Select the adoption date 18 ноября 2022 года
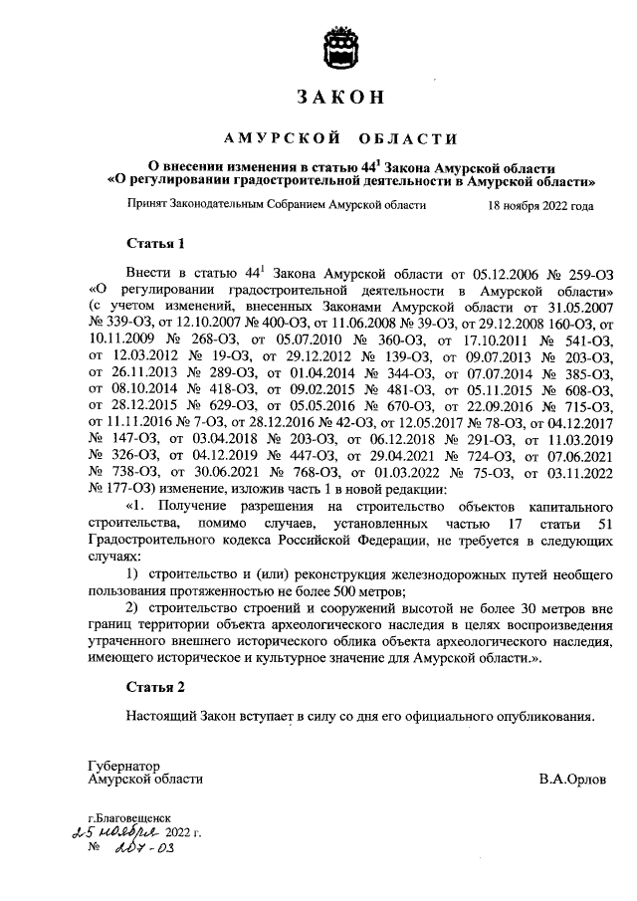pos(540,206)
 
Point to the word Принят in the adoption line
pos(148,206)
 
